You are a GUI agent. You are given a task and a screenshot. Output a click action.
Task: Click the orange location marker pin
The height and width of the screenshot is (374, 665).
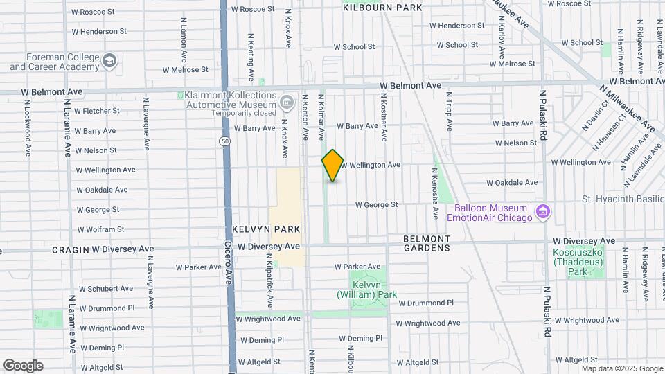pyautogui.click(x=332, y=165)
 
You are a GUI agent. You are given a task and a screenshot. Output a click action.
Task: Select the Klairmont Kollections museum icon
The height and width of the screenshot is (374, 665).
pyautogui.click(x=286, y=103)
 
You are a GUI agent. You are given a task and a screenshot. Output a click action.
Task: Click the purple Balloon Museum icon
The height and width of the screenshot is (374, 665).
pyautogui.click(x=544, y=211)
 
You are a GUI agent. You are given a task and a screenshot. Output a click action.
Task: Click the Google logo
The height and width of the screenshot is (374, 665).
pyautogui.click(x=23, y=366)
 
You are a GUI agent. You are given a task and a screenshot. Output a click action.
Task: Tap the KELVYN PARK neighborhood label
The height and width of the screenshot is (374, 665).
pyautogui.click(x=256, y=229)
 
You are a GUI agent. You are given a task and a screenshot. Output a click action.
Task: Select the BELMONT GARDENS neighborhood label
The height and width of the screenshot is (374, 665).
pyautogui.click(x=426, y=243)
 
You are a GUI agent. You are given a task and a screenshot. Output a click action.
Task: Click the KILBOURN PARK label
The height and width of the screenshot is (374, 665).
pyautogui.click(x=382, y=8)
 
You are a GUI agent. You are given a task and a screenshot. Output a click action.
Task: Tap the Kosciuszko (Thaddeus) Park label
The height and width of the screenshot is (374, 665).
pyautogui.click(x=577, y=262)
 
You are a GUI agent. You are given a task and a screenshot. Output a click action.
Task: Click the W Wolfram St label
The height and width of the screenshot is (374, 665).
pyautogui.click(x=100, y=229)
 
